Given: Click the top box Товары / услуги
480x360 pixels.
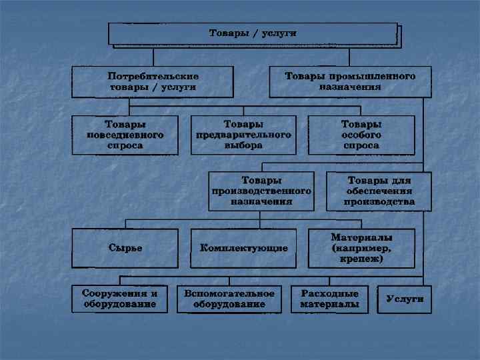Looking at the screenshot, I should [253, 33].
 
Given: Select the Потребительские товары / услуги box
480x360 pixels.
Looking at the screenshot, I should [153, 81].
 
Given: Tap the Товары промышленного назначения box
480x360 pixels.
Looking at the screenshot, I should [350, 81].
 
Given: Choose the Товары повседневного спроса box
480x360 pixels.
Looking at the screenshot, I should [125, 135].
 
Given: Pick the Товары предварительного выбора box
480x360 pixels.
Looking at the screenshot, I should [243, 135].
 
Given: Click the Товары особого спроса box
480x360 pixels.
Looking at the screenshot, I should [361, 135].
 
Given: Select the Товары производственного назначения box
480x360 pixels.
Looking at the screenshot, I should [261, 191].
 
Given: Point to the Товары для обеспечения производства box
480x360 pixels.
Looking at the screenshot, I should [379, 191].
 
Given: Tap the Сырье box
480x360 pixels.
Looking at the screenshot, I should [125, 248].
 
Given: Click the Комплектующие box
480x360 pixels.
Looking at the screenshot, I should [243, 248].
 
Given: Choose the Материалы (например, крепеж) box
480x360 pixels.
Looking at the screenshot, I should [361, 248].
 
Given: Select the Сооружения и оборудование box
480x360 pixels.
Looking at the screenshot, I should [119, 299].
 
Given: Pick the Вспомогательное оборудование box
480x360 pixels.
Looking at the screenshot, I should [229, 299].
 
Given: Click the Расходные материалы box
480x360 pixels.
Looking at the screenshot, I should [329, 299].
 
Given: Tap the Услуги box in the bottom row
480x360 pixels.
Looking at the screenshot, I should [405, 299].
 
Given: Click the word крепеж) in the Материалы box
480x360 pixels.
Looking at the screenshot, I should [361, 258].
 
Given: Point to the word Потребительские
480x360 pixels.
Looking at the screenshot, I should [153, 76].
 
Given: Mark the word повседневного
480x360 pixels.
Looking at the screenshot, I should [125, 135].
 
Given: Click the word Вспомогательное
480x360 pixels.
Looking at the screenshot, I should [229, 294].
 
